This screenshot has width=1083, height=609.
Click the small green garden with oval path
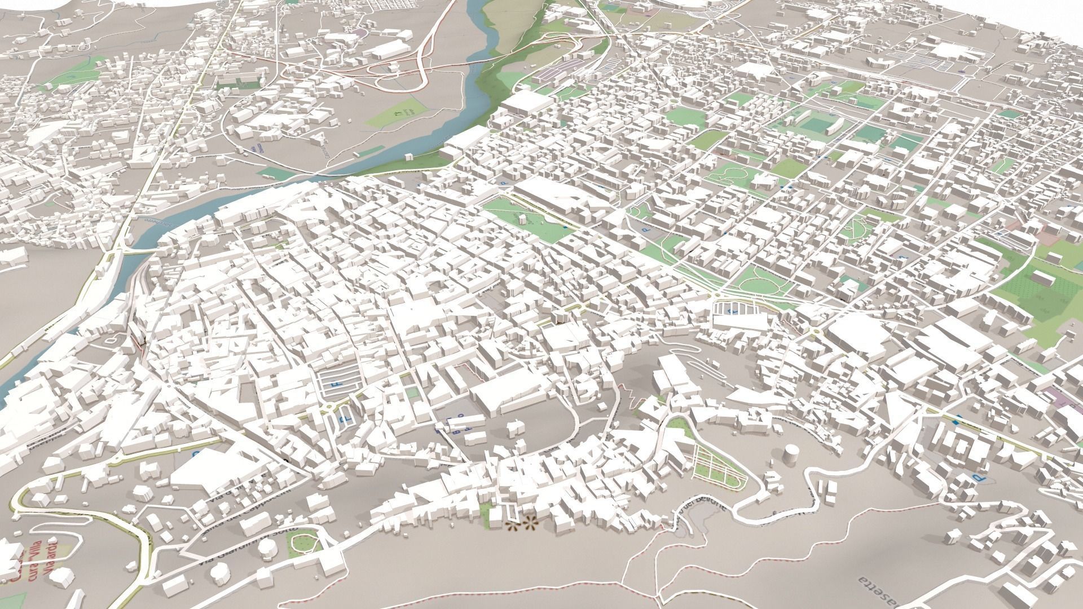click(304, 541)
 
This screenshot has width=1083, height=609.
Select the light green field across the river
click(395, 113)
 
